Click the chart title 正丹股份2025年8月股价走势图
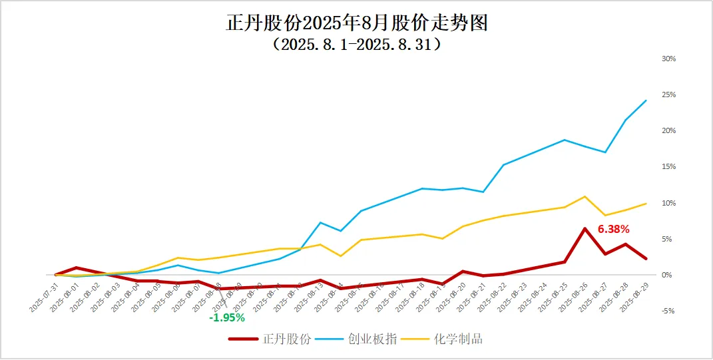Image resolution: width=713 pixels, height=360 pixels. click(357, 23)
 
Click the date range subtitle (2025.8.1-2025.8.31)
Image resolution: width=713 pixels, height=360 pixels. click(357, 45)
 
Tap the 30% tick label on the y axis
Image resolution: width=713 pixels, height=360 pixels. click(668, 59)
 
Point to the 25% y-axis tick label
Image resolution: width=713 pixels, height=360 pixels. click(668, 94)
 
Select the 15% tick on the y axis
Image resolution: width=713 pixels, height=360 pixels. click(668, 166)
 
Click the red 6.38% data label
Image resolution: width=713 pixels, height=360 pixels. click(613, 229)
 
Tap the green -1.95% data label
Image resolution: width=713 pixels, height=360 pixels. click(227, 317)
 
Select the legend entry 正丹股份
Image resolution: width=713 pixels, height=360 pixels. click(286, 339)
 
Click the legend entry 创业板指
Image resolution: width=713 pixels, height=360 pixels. click(372, 339)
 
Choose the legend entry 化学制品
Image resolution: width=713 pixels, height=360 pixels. click(458, 339)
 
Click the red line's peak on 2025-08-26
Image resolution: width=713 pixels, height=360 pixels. click(585, 229)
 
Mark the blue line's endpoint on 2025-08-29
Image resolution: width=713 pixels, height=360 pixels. click(646, 100)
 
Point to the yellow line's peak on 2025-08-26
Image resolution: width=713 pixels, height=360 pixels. click(585, 196)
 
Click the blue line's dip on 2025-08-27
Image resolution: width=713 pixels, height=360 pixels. click(605, 152)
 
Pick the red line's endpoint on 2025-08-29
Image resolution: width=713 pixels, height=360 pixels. click(646, 258)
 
